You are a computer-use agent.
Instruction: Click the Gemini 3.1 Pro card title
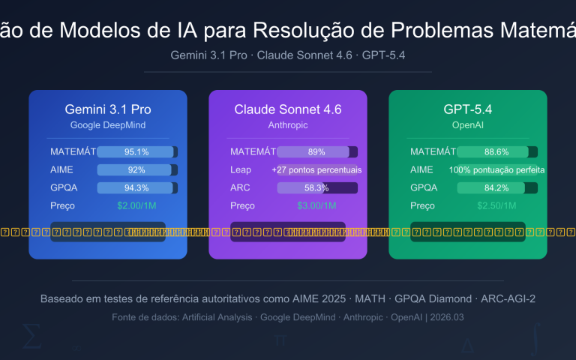click(x=108, y=109)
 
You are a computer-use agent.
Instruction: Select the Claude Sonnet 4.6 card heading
click(x=288, y=109)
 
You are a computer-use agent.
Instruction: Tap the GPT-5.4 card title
click(x=468, y=109)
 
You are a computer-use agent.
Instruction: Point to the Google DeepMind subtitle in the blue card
click(x=108, y=124)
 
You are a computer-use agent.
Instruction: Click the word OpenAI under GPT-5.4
click(x=468, y=124)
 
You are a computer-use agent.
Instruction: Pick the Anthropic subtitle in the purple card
click(x=288, y=124)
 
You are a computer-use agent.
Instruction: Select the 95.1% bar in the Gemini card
click(x=137, y=151)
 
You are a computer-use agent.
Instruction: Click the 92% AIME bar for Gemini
click(x=137, y=169)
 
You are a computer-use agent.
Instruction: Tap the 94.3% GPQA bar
click(x=137, y=187)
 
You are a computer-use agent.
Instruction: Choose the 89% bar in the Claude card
click(x=316, y=151)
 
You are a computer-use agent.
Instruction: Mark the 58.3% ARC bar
click(x=316, y=187)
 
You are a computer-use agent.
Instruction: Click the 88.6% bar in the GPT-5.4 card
click(x=497, y=151)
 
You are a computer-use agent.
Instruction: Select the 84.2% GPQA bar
click(x=497, y=187)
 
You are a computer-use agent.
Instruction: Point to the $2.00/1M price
click(x=137, y=205)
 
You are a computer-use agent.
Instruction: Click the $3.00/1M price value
click(x=316, y=205)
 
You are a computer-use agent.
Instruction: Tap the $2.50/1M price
click(x=497, y=205)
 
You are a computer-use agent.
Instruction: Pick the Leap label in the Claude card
click(x=241, y=169)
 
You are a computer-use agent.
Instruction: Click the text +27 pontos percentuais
click(x=316, y=169)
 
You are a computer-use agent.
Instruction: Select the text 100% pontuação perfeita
click(x=497, y=169)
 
